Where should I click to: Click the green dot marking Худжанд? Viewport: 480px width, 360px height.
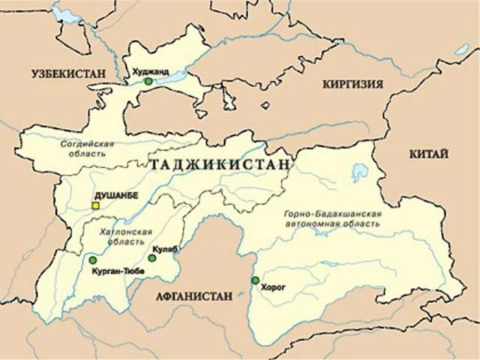[148, 81]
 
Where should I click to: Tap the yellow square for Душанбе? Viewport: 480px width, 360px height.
[95, 205]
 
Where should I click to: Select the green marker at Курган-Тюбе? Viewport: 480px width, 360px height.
[93, 260]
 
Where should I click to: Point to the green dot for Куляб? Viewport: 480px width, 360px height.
[152, 258]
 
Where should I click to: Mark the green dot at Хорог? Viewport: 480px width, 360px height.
[256, 280]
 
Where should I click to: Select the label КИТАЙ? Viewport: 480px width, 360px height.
[429, 154]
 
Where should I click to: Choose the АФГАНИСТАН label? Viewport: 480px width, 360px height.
[196, 295]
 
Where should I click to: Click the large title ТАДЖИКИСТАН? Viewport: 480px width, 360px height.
[220, 164]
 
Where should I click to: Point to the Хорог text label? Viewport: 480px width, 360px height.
[276, 286]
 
